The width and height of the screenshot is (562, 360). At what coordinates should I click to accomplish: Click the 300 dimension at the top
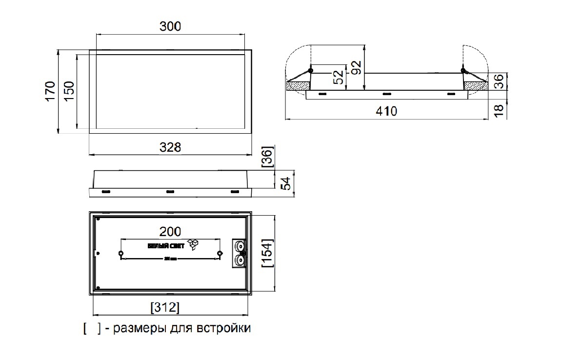pyautogui.click(x=170, y=26)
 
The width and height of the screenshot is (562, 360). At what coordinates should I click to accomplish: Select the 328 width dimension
pyautogui.click(x=171, y=147)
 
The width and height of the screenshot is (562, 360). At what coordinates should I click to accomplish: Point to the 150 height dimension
pyautogui.click(x=69, y=91)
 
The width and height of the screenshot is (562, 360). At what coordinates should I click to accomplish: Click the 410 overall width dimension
pyautogui.click(x=386, y=111)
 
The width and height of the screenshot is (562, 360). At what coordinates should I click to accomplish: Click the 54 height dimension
pyautogui.click(x=287, y=183)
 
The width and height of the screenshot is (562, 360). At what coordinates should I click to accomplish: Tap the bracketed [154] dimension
pyautogui.click(x=268, y=252)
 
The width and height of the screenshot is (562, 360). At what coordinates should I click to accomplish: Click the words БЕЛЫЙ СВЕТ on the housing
pyautogui.click(x=166, y=246)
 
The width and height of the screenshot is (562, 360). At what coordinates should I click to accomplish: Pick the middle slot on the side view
pyautogui.click(x=170, y=191)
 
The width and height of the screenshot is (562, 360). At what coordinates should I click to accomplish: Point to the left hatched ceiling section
pyautogui.click(x=297, y=86)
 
